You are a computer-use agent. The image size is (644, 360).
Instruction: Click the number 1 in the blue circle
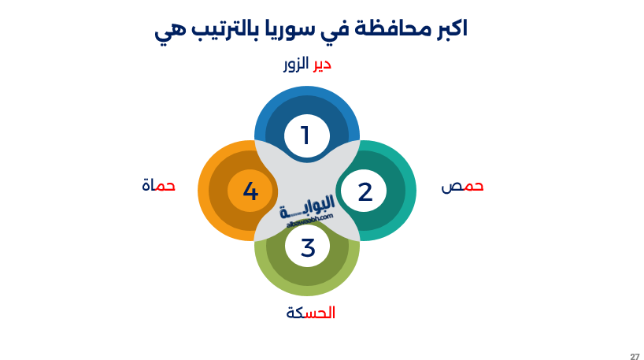[x=306, y=135]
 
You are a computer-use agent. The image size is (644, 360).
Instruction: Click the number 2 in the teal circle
[x=365, y=191]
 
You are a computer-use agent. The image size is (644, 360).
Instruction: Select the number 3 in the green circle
[x=308, y=247]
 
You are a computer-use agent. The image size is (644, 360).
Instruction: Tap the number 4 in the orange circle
[x=250, y=191]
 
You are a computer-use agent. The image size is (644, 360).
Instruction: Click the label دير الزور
[x=307, y=65]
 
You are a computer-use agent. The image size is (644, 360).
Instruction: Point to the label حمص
[x=462, y=187]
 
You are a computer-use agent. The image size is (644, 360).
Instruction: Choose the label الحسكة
[x=310, y=313]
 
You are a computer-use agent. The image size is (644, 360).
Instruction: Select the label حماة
[x=158, y=186]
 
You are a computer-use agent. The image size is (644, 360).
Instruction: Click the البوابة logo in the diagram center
[x=307, y=209]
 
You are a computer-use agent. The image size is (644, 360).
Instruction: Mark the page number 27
[x=635, y=357]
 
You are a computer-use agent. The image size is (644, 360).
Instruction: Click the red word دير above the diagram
[x=321, y=65]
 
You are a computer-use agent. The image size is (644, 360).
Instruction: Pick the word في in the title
[x=327, y=32]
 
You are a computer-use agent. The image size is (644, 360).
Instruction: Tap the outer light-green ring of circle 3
[x=307, y=290]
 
